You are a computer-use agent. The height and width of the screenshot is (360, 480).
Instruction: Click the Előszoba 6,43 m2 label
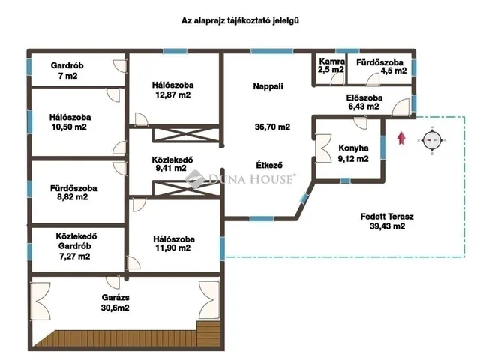[x=364, y=103]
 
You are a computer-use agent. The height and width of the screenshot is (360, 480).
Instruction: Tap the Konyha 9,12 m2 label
[x=352, y=153]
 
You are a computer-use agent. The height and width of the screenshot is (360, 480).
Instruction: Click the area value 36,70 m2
[x=272, y=127]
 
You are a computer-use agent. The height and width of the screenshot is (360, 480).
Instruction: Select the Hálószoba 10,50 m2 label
[x=68, y=122]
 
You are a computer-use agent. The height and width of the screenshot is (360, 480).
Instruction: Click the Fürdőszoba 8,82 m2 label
[x=68, y=193]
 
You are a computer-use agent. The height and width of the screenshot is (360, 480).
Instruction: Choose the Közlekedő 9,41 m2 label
[x=172, y=163]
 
